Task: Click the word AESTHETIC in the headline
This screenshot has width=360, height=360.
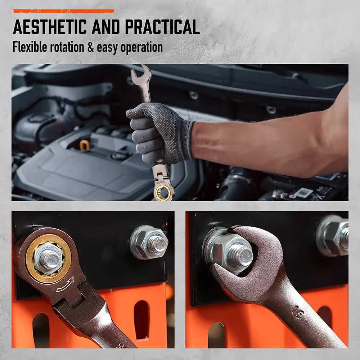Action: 50,27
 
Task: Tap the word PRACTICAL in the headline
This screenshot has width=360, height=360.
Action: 162,27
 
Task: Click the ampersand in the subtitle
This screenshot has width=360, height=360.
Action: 91,47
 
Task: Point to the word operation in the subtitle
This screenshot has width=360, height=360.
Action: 141,48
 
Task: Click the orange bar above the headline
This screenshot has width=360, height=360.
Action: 63,11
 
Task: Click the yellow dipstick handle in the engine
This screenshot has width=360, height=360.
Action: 85,145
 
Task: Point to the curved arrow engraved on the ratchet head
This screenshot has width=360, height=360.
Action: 65,285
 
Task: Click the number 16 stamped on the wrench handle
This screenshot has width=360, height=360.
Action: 298,312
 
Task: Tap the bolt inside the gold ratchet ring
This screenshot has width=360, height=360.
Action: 49,259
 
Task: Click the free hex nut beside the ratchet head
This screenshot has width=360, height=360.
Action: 149,242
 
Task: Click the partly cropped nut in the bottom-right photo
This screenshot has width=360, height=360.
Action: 332,236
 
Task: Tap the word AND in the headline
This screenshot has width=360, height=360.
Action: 105,27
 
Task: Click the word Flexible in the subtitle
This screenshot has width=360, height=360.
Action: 30,47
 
